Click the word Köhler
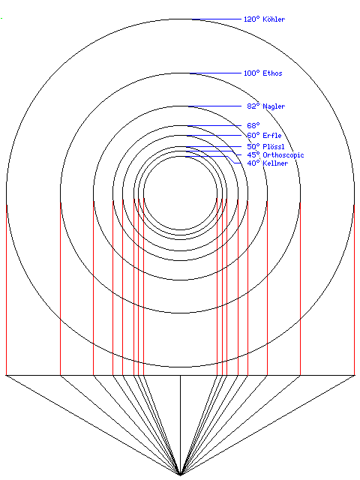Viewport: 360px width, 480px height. coord(274,19)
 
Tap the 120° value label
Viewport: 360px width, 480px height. coord(252,19)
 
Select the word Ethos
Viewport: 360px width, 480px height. coord(272,73)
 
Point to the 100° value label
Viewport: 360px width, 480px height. coord(252,73)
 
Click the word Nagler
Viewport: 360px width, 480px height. coord(274,106)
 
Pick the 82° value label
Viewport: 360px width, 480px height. coord(253,106)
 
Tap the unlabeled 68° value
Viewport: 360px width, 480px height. coord(253,125)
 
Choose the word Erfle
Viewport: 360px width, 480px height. coord(271,135)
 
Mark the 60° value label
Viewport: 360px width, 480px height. coord(253,135)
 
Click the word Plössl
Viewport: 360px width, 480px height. coord(273,147)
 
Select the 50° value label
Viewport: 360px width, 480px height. coord(253,147)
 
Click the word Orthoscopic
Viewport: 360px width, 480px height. coord(283,155)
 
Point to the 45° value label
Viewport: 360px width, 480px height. coord(253,155)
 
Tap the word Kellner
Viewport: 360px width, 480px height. coord(275,163)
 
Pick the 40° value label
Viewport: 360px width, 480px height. coord(253,163)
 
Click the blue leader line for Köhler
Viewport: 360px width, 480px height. coord(217,19)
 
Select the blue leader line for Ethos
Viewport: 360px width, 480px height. coord(215,73)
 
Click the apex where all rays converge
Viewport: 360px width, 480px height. coord(180,475)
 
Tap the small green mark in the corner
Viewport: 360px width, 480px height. coord(1,18)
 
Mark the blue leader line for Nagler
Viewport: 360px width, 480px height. coord(215,106)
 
